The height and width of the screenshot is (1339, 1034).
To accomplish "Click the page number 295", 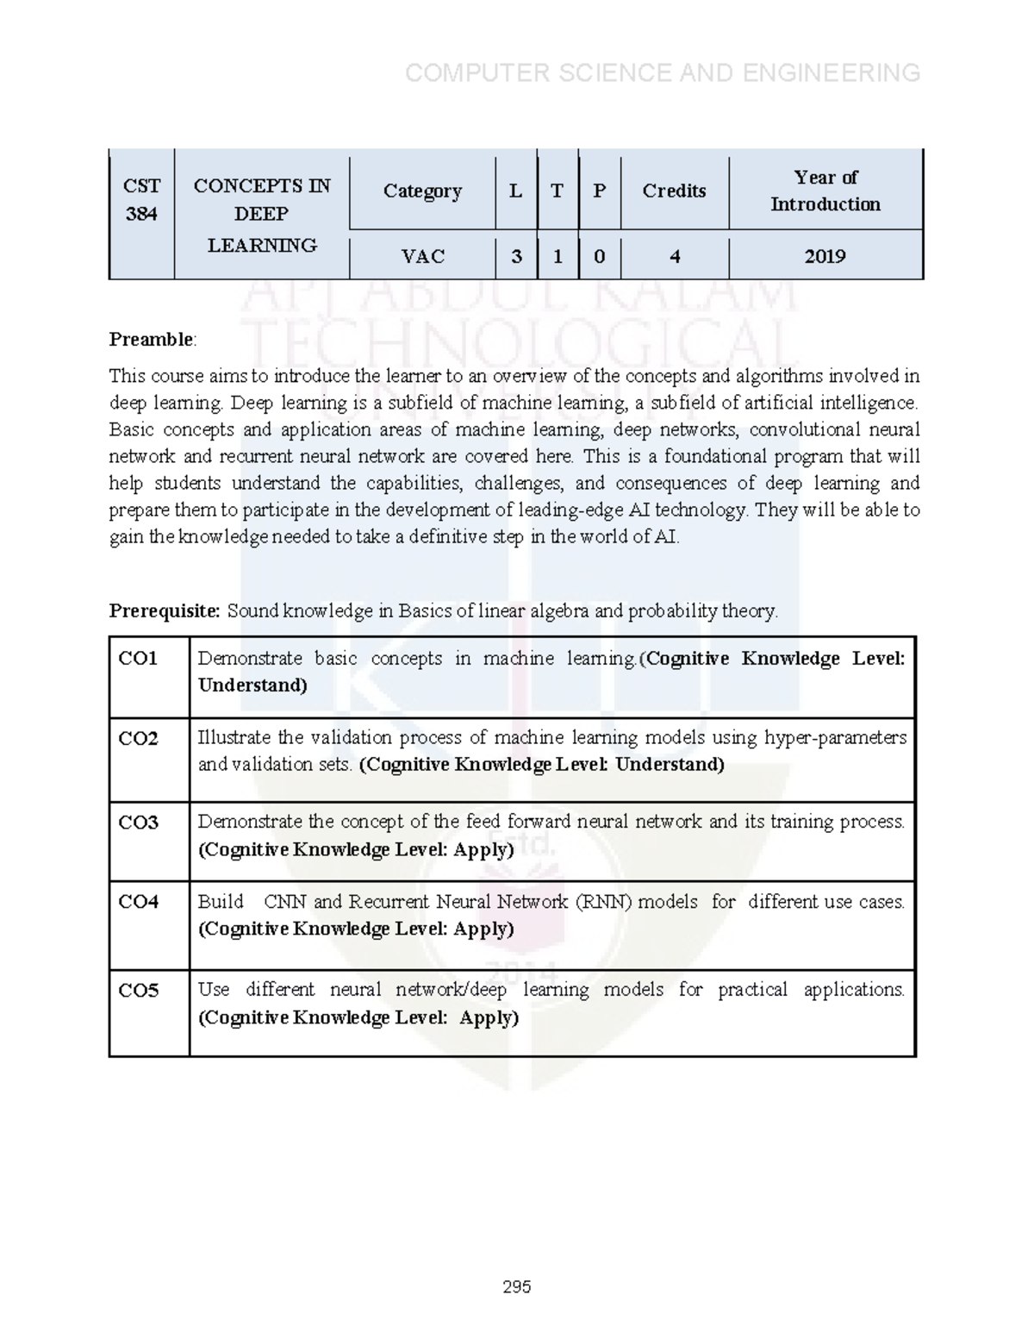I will tap(517, 1286).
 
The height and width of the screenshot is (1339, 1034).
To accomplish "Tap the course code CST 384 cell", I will tap(141, 200).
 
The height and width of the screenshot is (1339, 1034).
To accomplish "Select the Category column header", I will tap(422, 191).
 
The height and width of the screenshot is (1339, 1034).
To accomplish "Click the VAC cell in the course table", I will tap(422, 256).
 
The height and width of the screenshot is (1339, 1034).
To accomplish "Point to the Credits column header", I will tap(674, 191).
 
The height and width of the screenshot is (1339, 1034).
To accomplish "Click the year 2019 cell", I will tap(825, 256).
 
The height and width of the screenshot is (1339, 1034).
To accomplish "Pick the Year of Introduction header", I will tap(825, 191).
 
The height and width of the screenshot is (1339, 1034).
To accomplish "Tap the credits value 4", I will tap(674, 256).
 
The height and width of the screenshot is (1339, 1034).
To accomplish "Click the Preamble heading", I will tap(152, 340).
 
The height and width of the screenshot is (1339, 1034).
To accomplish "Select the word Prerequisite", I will tap(164, 611).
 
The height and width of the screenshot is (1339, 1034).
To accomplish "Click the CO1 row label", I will tap(139, 659).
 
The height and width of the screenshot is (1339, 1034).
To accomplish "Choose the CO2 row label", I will tap(139, 738).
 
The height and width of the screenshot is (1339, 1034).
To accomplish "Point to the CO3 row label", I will tap(139, 823).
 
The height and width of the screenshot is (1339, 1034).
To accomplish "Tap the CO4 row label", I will tap(139, 902).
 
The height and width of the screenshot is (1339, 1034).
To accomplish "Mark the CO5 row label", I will tap(139, 991).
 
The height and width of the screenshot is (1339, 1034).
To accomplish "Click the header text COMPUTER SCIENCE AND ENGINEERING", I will tap(663, 73).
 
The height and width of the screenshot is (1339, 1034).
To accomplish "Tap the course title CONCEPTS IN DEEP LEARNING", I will tap(262, 214).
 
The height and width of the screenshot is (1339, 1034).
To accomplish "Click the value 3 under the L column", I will tap(516, 256).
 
